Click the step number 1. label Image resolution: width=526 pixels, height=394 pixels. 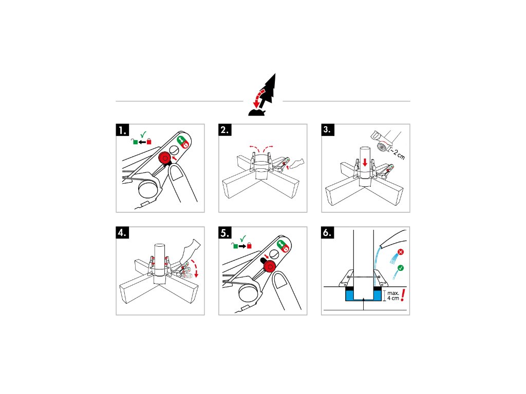coord(123,130)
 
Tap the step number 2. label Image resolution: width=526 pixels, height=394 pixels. coord(226,130)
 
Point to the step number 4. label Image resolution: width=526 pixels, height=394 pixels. coord(123,233)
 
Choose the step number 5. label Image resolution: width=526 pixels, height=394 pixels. coord(226,233)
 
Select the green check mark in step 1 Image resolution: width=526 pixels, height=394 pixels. coord(143,134)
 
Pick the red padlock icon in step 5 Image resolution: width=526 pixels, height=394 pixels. coord(250,246)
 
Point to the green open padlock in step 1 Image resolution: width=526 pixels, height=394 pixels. coord(135,142)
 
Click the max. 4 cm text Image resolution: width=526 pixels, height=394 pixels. coord(393,295)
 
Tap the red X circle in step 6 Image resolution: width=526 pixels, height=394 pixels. coord(400,253)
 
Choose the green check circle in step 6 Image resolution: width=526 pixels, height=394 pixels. coord(400,268)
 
